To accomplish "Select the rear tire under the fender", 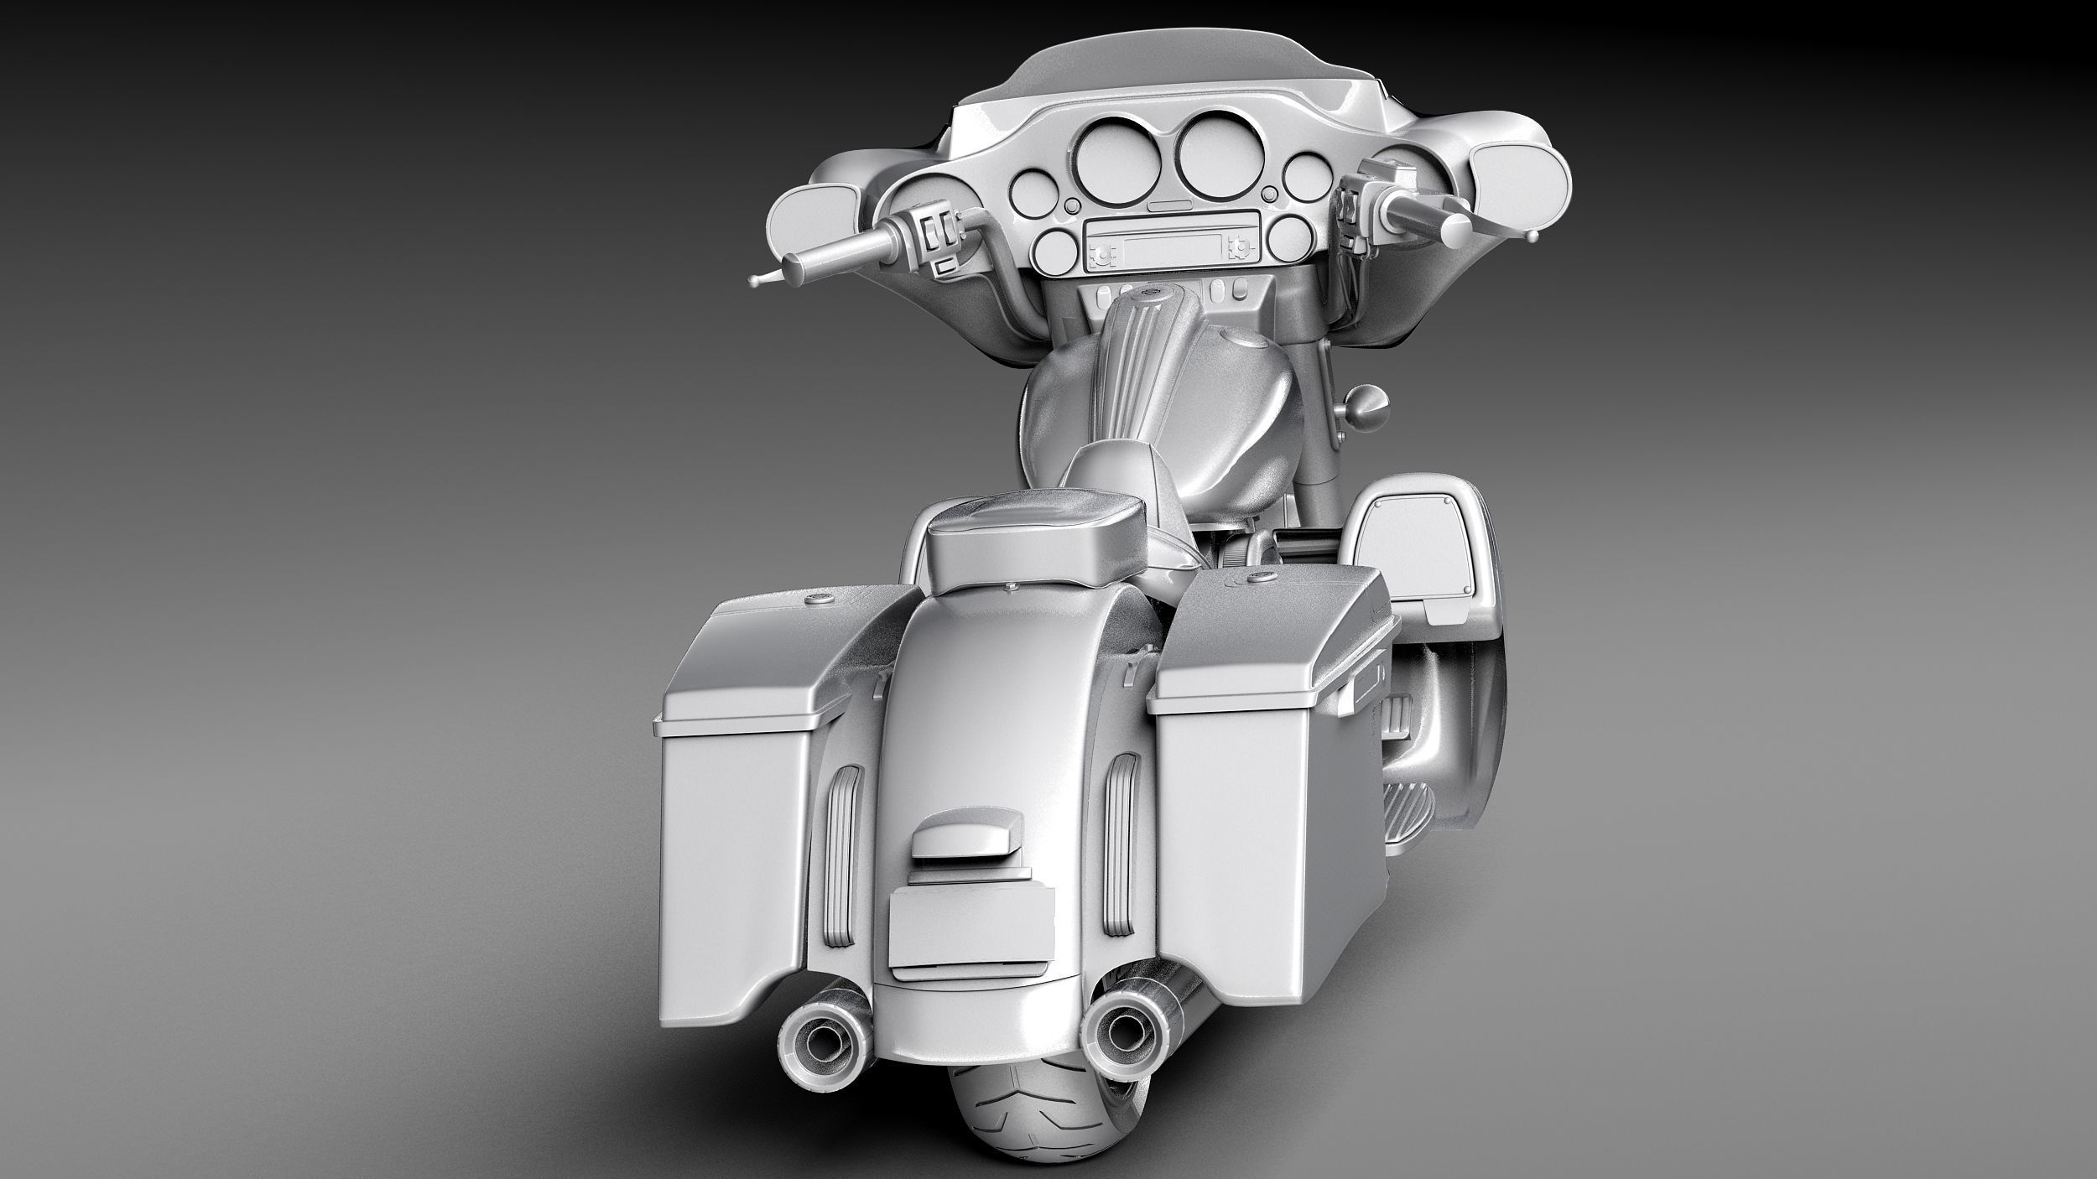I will tap(1023, 1124).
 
